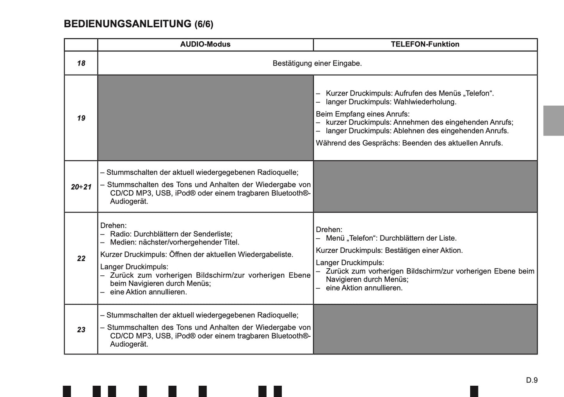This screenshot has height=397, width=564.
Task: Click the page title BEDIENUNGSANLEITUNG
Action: tap(128, 24)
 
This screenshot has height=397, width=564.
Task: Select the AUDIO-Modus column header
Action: tap(205, 44)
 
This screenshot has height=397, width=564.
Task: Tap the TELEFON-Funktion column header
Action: tap(425, 44)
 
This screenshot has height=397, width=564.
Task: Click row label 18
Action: tap(81, 63)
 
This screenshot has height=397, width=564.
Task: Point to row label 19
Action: tap(81, 118)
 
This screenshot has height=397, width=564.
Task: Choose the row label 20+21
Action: tap(81, 187)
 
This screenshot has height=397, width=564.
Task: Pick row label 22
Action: tap(81, 259)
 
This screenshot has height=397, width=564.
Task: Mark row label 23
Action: tap(81, 330)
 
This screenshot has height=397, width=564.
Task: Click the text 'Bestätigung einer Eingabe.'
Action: tap(317, 63)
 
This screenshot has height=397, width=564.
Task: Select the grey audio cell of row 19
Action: tap(205, 118)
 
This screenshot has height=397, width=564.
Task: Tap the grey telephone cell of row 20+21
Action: tap(425, 187)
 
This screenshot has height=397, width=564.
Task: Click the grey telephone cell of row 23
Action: tap(425, 330)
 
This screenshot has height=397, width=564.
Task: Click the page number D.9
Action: tap(532, 380)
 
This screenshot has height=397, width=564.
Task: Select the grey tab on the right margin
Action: tap(553, 121)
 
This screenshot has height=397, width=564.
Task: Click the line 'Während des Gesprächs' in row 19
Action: tap(409, 143)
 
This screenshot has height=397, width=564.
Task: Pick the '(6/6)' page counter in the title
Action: tap(204, 25)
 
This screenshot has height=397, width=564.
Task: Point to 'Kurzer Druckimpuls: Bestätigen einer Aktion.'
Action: tap(389, 250)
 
